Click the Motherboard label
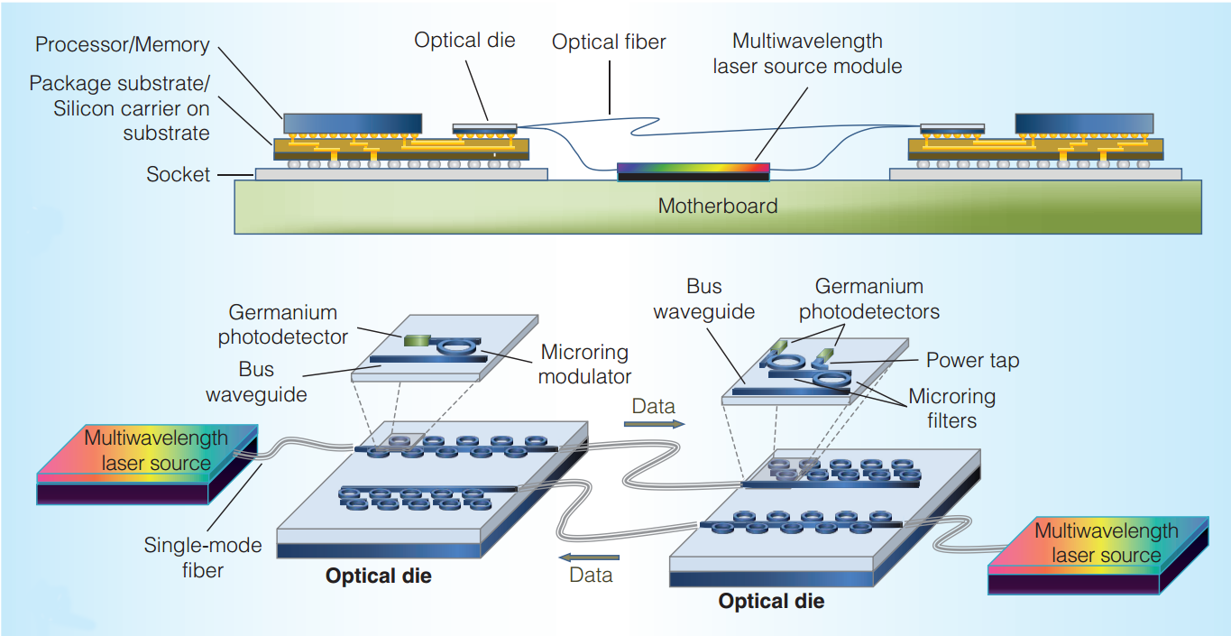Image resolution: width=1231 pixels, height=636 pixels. point(717,206)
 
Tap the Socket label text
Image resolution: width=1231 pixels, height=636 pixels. point(178,174)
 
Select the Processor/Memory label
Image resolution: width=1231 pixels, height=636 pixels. point(122,44)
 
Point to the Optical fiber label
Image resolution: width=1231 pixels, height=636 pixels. point(608,42)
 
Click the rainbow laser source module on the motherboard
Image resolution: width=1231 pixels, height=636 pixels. point(693,168)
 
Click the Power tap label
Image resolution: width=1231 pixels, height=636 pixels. point(972,361)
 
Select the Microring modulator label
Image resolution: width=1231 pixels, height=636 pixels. point(584,364)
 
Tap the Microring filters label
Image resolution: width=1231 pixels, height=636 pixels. point(951,408)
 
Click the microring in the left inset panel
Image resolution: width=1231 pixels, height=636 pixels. point(456,345)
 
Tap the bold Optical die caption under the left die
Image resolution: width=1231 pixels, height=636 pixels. point(379,576)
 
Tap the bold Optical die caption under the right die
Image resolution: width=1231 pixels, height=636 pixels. point(771,600)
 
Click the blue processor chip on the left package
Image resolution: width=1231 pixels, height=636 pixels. point(353,124)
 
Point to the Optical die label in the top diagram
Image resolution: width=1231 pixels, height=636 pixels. point(464,40)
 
